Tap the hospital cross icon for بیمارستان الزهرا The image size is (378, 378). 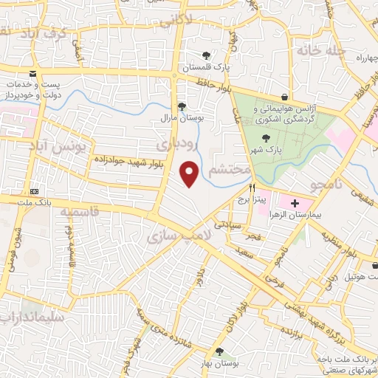tap(295, 202)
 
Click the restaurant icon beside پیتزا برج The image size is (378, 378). tap(252, 188)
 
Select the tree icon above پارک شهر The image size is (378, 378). tap(266, 138)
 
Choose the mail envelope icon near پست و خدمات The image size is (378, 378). tap(33, 74)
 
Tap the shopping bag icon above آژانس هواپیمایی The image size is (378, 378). tap(285, 97)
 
